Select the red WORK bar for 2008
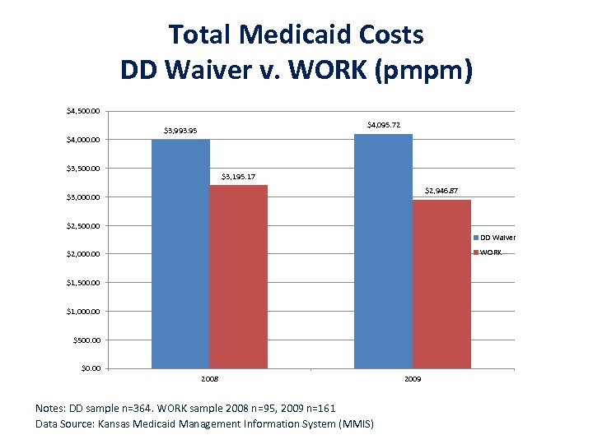pyautogui.click(x=238, y=276)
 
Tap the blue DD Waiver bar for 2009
pyautogui.click(x=383, y=251)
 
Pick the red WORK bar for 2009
pyautogui.click(x=441, y=284)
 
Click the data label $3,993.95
pyautogui.click(x=180, y=130)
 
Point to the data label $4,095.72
pyautogui.click(x=383, y=125)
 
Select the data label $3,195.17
pyautogui.click(x=238, y=176)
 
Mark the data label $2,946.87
pyautogui.click(x=441, y=191)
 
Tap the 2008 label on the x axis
pyautogui.click(x=210, y=379)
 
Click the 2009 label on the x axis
pyautogui.click(x=413, y=379)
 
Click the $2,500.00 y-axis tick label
pyautogui.click(x=83, y=226)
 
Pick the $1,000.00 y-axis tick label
pyautogui.click(x=83, y=312)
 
